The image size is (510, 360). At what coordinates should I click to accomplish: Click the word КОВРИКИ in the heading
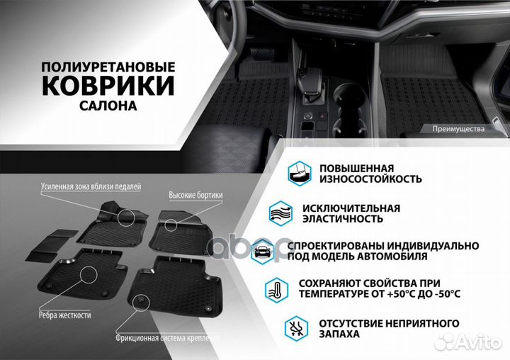pyautogui.click(x=108, y=86)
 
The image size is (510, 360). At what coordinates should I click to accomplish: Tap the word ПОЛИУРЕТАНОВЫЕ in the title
pyautogui.click(x=108, y=66)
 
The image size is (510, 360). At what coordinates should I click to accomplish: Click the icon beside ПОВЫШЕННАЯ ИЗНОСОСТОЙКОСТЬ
pyautogui.click(x=300, y=173)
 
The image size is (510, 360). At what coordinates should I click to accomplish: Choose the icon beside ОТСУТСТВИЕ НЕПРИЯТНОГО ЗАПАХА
pyautogui.click(x=296, y=327)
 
